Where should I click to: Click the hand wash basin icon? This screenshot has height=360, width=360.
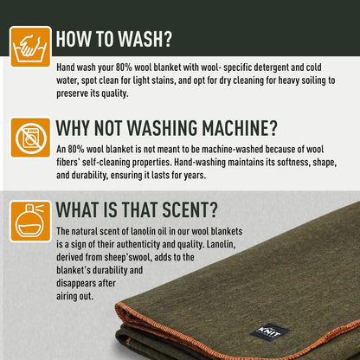click(30, 47)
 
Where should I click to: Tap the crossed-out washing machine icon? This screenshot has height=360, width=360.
click(30, 138)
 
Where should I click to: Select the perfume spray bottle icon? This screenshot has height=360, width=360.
click(30, 222)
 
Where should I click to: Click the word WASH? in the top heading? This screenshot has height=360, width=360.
click(145, 39)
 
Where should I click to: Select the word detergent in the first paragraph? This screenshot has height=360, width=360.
click(267, 67)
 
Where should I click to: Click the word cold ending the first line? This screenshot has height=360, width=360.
click(313, 67)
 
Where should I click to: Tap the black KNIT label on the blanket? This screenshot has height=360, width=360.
click(269, 332)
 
